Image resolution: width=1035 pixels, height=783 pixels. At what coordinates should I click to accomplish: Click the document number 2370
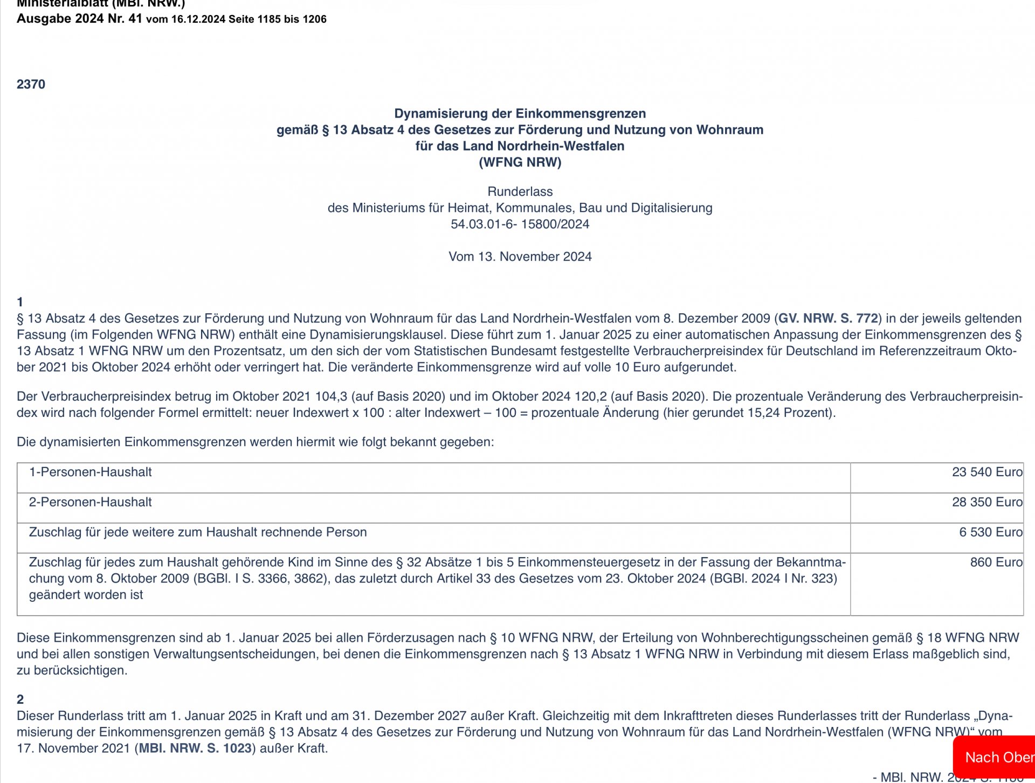pyautogui.click(x=31, y=84)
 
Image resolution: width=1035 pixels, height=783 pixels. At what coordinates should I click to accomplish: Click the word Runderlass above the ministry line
pyautogui.click(x=520, y=191)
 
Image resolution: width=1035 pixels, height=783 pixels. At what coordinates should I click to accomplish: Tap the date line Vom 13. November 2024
pyautogui.click(x=520, y=257)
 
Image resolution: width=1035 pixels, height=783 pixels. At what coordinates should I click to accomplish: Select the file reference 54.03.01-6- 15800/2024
pyautogui.click(x=520, y=224)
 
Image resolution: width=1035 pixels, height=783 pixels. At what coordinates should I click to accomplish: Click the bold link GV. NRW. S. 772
pyautogui.click(x=828, y=319)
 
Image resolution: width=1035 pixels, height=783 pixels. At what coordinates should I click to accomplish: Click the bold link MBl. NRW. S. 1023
pyautogui.click(x=195, y=748)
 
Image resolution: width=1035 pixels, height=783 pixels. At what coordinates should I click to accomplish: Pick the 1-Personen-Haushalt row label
pyautogui.click(x=90, y=472)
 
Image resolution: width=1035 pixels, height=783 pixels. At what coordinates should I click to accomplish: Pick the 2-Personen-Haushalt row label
pyautogui.click(x=90, y=503)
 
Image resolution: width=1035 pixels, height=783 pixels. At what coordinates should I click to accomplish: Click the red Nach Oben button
pyautogui.click(x=997, y=757)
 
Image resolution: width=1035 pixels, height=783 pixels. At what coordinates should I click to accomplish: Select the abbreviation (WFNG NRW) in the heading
pyautogui.click(x=520, y=162)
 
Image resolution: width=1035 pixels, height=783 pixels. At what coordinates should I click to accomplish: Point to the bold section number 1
pyautogui.click(x=20, y=302)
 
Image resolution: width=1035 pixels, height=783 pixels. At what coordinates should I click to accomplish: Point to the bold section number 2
pyautogui.click(x=20, y=699)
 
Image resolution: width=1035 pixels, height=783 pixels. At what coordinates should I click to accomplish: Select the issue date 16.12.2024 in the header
pyautogui.click(x=198, y=19)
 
